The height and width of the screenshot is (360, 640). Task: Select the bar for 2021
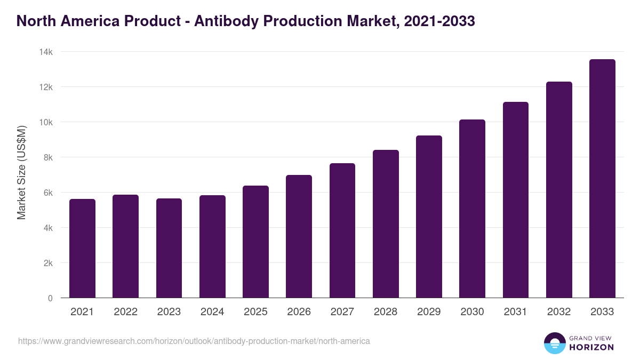click(82, 249)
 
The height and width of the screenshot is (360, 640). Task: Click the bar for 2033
click(602, 179)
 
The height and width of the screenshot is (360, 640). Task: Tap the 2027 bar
click(342, 230)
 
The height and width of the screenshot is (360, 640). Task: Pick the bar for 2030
click(472, 209)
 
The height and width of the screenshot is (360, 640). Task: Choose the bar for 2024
click(212, 246)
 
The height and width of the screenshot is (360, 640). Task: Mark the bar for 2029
click(429, 217)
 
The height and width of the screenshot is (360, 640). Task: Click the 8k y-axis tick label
click(48, 157)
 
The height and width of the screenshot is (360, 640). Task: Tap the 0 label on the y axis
click(50, 298)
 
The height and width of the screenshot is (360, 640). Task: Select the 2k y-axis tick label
click(48, 263)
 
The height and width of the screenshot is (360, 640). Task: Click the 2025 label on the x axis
click(255, 312)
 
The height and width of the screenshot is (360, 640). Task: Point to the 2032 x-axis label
click(559, 312)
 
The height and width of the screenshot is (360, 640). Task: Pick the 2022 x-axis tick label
click(125, 312)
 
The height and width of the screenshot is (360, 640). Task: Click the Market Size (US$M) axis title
click(21, 173)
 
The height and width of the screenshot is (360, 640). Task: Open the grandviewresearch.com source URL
click(194, 341)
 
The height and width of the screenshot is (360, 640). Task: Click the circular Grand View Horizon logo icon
click(554, 343)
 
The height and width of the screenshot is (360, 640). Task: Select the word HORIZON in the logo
click(591, 347)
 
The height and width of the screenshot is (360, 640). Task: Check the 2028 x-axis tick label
click(386, 312)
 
